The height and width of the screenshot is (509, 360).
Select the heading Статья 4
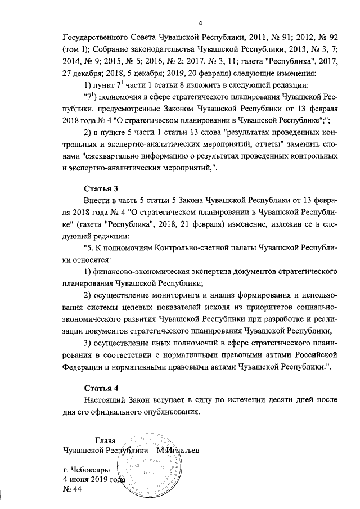point(101,388)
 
